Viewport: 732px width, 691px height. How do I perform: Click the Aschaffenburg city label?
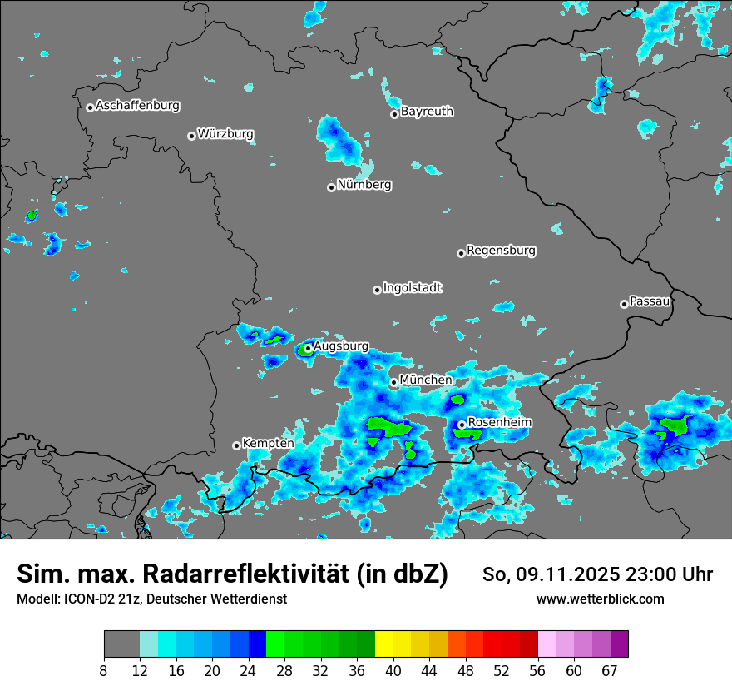click(x=137, y=106)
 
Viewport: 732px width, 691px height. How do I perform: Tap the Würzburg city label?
click(x=225, y=134)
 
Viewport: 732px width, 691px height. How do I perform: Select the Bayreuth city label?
click(x=427, y=112)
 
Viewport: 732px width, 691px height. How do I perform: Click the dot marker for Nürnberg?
click(x=331, y=187)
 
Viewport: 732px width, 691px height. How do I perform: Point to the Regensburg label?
click(x=501, y=251)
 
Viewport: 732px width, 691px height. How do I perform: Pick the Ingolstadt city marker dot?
click(x=377, y=290)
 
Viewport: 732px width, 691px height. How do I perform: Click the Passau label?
click(x=650, y=301)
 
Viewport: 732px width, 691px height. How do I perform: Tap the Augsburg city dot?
click(x=308, y=349)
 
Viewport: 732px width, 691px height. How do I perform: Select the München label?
click(x=426, y=380)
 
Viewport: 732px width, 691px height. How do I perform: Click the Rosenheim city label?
click(x=499, y=423)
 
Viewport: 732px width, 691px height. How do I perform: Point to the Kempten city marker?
click(x=236, y=445)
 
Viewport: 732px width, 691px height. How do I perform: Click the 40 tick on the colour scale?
click(x=393, y=670)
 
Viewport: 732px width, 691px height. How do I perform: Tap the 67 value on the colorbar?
click(x=610, y=670)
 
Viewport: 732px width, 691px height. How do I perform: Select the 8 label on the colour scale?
click(x=104, y=670)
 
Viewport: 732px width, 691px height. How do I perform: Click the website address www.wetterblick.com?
click(x=600, y=599)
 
